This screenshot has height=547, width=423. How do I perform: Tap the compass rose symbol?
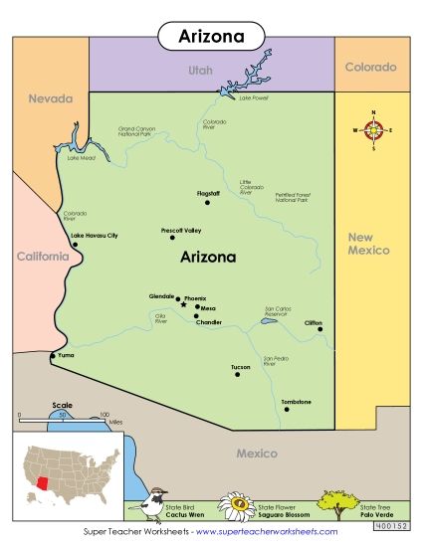coord(375,130)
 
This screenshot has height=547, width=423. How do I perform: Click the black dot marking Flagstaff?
coord(207,203)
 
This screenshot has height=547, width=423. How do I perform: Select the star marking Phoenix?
coord(183,305)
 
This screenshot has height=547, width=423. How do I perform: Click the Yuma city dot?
coord(54,355)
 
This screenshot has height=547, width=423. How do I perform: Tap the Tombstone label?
coord(296,401)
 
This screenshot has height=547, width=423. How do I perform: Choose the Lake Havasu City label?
coord(96,235)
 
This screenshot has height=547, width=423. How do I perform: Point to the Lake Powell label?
coord(254,97)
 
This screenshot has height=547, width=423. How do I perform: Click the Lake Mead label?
coord(81,158)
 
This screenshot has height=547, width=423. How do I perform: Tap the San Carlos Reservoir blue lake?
coord(267,321)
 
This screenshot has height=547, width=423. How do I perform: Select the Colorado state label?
coord(370,68)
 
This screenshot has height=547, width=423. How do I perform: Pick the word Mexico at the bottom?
coord(256,454)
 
